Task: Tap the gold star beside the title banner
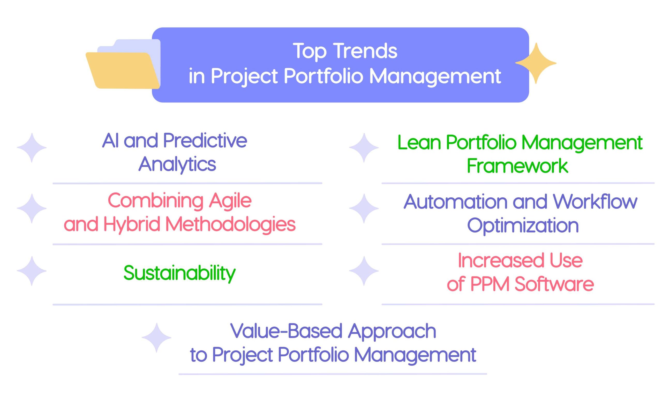coord(536,63)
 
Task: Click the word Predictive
coord(205,140)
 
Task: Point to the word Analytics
coord(177,164)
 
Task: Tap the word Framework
coord(517,166)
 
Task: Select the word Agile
coord(230,201)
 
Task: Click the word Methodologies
coord(230,224)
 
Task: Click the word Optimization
coord(523,225)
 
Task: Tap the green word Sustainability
coord(179,273)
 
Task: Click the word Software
coord(554,284)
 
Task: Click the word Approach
coord(392,332)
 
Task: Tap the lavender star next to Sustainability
coord(32,271)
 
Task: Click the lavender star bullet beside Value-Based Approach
coord(156,338)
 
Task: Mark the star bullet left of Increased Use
coord(364,271)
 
